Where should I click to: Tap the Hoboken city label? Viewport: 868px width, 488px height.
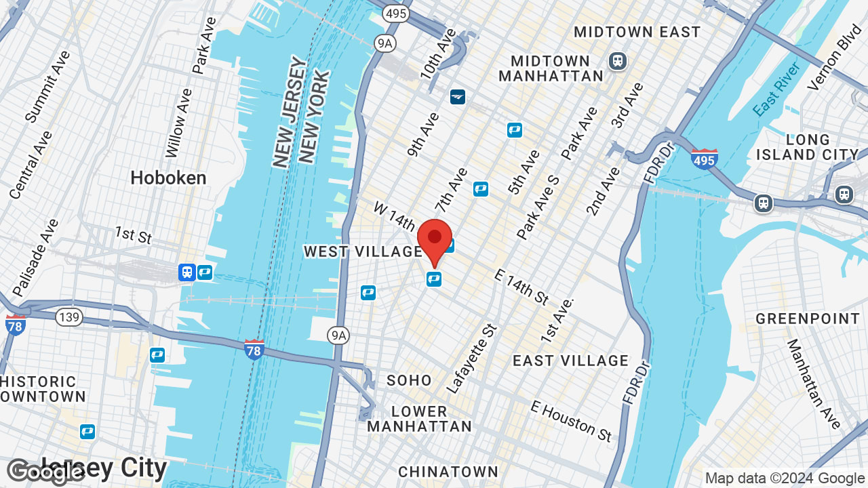click(168, 178)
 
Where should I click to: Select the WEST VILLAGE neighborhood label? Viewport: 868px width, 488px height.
click(363, 252)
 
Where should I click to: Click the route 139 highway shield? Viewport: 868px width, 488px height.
click(69, 317)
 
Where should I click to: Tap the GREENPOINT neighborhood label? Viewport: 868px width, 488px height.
click(808, 319)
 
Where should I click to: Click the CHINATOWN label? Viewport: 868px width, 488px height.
click(448, 472)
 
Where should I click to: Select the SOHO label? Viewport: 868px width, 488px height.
click(409, 380)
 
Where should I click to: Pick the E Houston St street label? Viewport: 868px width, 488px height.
click(572, 420)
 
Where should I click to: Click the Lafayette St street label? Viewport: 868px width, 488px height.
click(473, 359)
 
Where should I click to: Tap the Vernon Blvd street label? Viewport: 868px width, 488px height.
click(833, 58)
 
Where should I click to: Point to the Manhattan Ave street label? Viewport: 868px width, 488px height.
click(813, 384)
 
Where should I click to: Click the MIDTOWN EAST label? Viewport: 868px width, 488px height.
click(637, 32)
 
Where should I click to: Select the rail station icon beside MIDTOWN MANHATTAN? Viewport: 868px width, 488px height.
click(618, 61)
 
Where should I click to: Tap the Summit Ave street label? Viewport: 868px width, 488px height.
click(47, 86)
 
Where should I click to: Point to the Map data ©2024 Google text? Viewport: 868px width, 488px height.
click(785, 478)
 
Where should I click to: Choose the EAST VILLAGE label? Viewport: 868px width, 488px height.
click(570, 361)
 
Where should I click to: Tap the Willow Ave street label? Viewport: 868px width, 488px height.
click(179, 121)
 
